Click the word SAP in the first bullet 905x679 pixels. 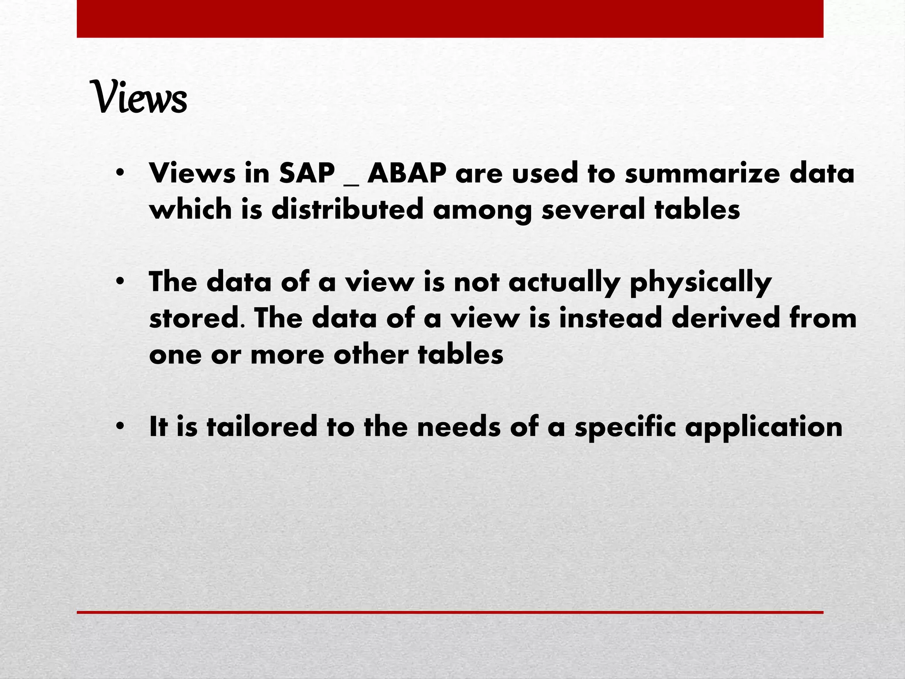click(x=307, y=173)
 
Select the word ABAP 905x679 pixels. click(x=407, y=173)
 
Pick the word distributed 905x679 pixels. click(x=347, y=209)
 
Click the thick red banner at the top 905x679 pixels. click(x=450, y=19)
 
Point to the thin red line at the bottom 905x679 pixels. click(x=450, y=612)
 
